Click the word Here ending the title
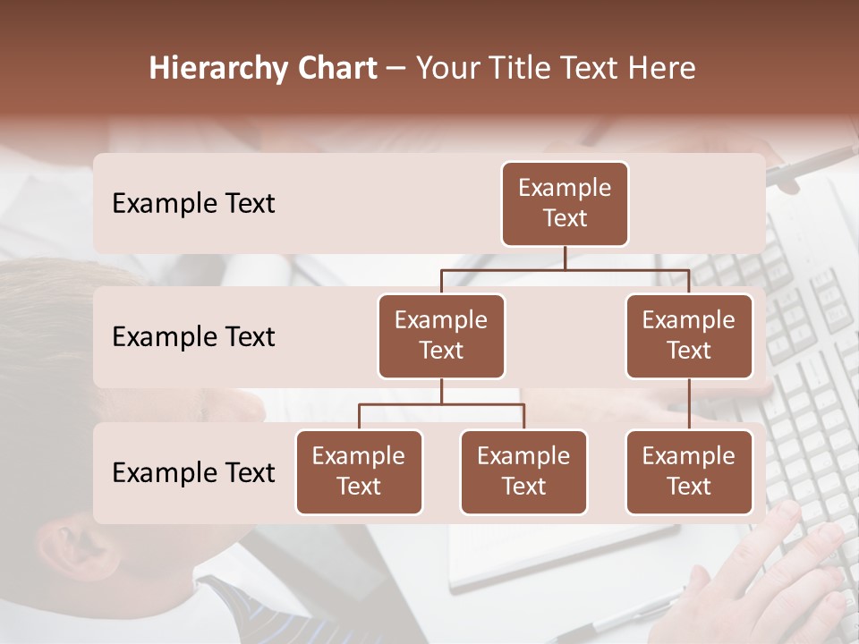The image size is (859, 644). click(662, 68)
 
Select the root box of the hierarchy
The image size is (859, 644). click(565, 203)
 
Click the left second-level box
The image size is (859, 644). click(441, 335)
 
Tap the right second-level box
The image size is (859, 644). click(689, 335)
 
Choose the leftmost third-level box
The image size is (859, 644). click(359, 471)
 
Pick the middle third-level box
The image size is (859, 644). click(523, 471)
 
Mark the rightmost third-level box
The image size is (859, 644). click(689, 471)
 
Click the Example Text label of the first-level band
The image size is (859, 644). click(193, 204)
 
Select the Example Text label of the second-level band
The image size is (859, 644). click(193, 337)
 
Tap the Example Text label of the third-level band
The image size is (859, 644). click(193, 472)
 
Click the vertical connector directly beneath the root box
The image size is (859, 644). click(565, 258)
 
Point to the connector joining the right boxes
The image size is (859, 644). click(689, 404)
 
